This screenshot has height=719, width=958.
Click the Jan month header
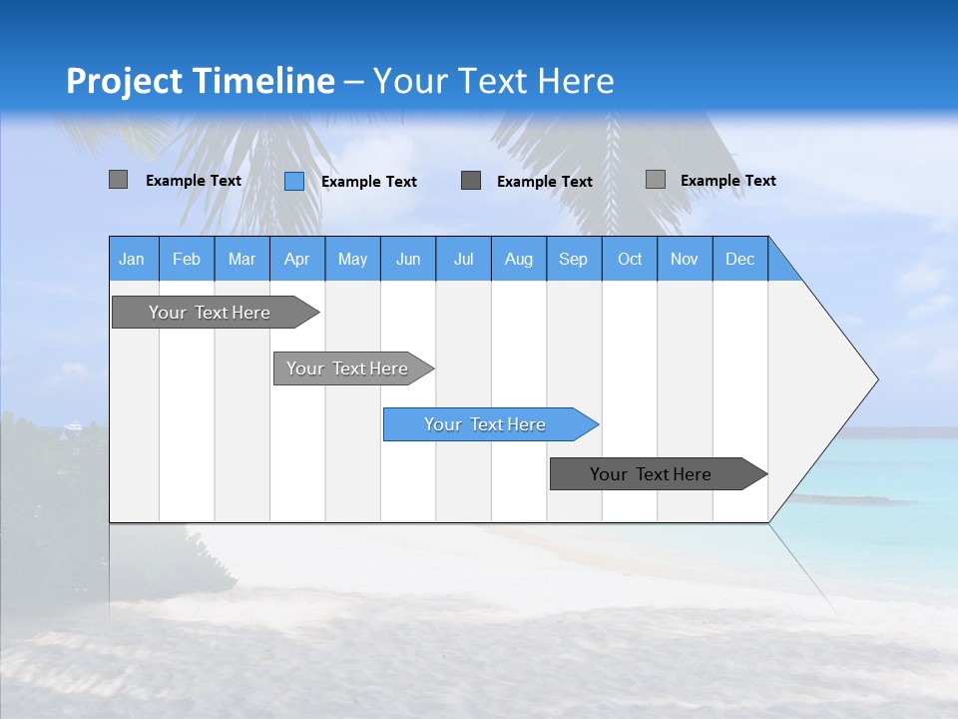[x=133, y=259]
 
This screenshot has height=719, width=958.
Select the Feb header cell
[x=187, y=259]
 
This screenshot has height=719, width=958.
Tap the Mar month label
[x=241, y=259]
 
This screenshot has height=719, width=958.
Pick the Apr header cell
[x=297, y=259]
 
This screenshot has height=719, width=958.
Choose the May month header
[x=352, y=259]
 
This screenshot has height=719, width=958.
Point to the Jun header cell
[x=408, y=259]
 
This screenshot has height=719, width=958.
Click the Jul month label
[x=463, y=259]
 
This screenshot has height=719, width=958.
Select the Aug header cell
[x=519, y=259]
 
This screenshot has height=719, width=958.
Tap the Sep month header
[x=574, y=259]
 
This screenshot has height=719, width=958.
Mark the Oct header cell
[x=630, y=259]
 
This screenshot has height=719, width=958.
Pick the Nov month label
[x=685, y=259]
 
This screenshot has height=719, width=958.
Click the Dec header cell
[x=740, y=259]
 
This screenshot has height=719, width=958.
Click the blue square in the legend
[x=294, y=181]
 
